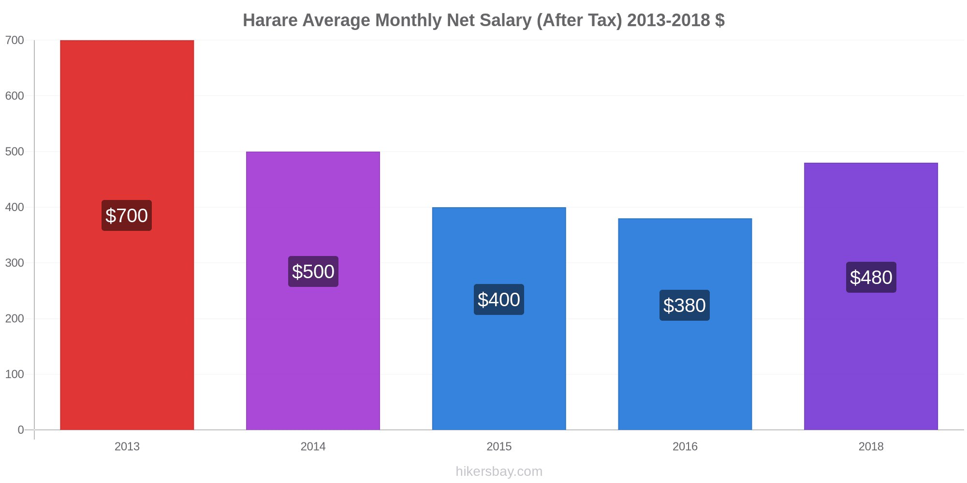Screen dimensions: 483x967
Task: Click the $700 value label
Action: tap(127, 215)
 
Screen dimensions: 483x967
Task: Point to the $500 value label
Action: tap(313, 271)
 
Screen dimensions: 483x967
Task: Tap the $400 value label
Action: tap(499, 299)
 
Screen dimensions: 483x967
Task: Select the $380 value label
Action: tap(685, 305)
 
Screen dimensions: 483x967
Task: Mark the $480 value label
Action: tap(871, 277)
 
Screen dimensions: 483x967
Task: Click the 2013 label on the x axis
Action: tap(127, 447)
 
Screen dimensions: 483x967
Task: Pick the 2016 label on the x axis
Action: tap(685, 447)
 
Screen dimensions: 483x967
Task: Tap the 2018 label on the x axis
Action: tap(871, 447)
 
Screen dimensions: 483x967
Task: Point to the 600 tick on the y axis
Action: tap(15, 96)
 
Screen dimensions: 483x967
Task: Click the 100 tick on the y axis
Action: tap(15, 374)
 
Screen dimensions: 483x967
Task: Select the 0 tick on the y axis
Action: tap(21, 430)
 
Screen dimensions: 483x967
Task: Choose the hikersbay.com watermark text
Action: tap(499, 471)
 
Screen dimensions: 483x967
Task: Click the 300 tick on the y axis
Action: tap(15, 263)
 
